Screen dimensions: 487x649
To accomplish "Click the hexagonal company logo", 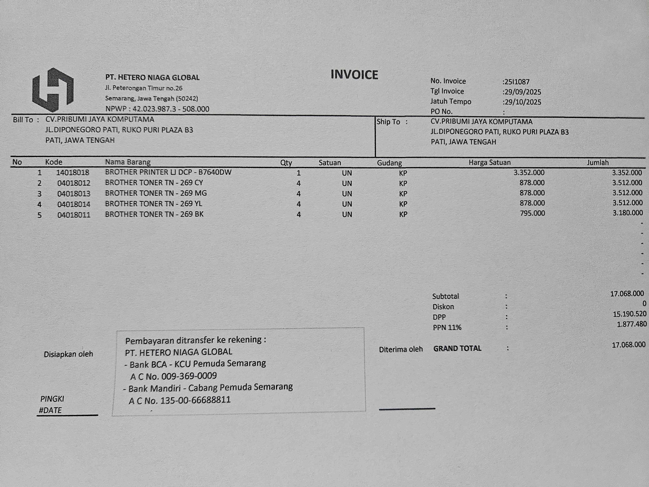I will pos(53,90).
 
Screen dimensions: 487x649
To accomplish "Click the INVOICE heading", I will pos(354,75).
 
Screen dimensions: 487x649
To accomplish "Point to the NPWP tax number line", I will pos(157,109).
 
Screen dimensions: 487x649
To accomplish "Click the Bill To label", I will pos(23,120).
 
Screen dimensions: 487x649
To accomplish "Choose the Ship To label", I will pos(388,122).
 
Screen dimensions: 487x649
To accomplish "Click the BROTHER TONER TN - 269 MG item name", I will pos(156,193).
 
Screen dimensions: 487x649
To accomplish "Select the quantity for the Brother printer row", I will pos(298,173).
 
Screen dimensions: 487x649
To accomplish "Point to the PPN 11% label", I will pos(447,327).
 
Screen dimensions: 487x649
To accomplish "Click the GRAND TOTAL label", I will pos(457,348).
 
